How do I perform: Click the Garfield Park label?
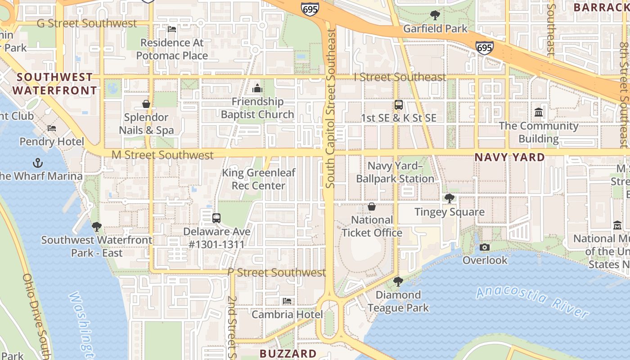(435, 29)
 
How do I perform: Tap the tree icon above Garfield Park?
(435, 15)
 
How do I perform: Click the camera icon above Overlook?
(485, 247)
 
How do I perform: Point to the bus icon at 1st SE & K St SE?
(399, 105)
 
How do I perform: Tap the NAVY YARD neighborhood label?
(510, 157)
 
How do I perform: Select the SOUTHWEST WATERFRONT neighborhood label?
(54, 84)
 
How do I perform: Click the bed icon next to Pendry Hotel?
(52, 128)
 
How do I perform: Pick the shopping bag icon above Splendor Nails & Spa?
(146, 104)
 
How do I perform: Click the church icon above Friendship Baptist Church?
(257, 88)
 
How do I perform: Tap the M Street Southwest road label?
(162, 155)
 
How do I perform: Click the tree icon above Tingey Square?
(449, 198)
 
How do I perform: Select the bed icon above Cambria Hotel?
(287, 301)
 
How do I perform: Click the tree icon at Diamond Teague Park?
(398, 282)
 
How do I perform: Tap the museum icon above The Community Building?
(539, 112)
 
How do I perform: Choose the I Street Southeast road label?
(400, 77)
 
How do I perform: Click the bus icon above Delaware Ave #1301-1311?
(216, 218)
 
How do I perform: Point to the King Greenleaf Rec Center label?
(259, 179)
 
